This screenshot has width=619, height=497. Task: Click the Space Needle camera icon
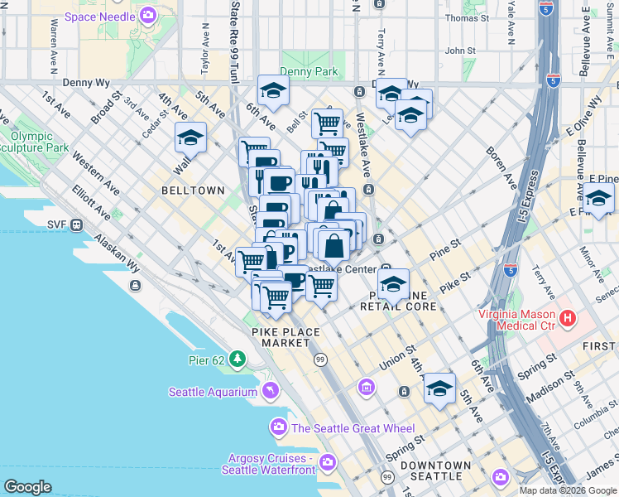148,14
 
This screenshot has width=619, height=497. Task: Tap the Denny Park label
309,72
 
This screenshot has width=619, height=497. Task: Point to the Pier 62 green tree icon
238,358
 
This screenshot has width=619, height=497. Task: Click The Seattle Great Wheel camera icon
278,427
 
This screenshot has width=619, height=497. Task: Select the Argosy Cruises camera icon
329,462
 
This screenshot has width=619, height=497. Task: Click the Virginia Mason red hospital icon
568,318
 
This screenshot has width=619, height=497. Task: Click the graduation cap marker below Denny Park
272,90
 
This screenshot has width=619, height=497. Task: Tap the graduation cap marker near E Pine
598,198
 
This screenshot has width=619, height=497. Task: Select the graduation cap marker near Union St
439,387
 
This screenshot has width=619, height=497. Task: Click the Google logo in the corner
28,487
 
